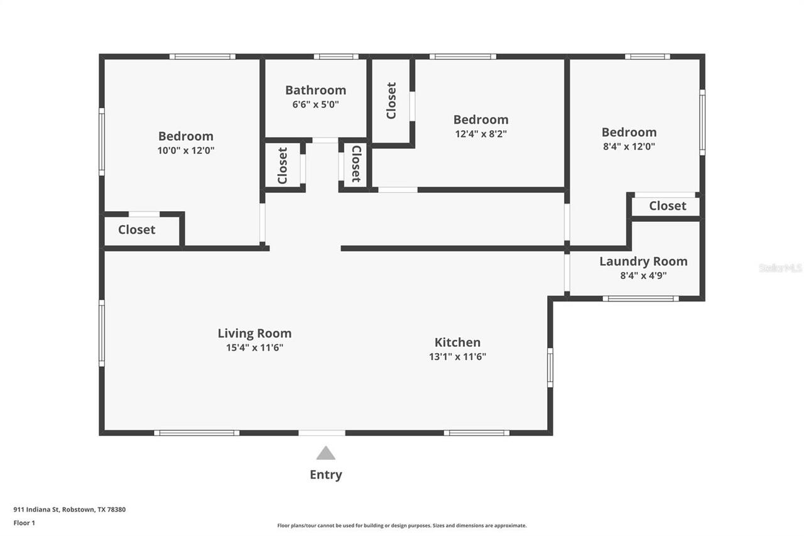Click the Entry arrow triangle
(x=325, y=453)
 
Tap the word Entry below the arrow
(x=325, y=475)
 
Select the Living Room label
(x=254, y=334)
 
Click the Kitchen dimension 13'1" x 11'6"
(x=457, y=357)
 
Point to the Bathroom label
(x=315, y=90)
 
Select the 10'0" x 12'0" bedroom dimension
(x=185, y=151)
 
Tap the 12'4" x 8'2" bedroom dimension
(x=481, y=134)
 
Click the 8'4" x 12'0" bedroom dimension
(x=629, y=146)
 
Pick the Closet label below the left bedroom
(x=136, y=230)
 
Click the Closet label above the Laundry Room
(x=667, y=206)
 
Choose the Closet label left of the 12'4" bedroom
(x=391, y=101)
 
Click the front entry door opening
(x=322, y=433)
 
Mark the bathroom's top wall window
(x=336, y=57)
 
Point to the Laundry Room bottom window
(x=640, y=298)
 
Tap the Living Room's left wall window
(x=102, y=333)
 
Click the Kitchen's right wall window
(x=550, y=368)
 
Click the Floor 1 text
(x=24, y=523)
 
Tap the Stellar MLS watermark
(x=780, y=268)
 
